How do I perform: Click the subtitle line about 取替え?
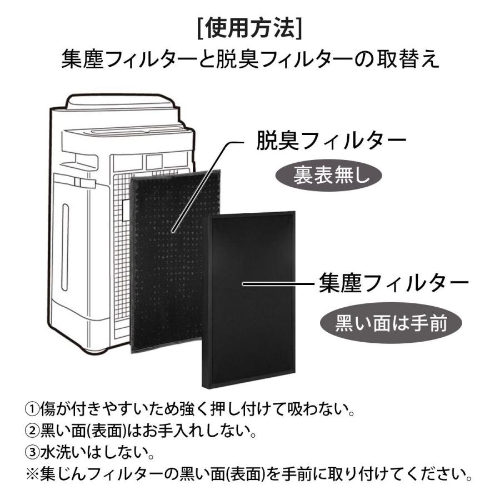point(249,59)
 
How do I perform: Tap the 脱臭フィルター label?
point(330,141)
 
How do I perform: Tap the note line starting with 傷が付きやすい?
point(194,412)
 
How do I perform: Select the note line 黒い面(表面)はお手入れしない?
point(139,430)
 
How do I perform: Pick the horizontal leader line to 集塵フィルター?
point(278,283)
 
